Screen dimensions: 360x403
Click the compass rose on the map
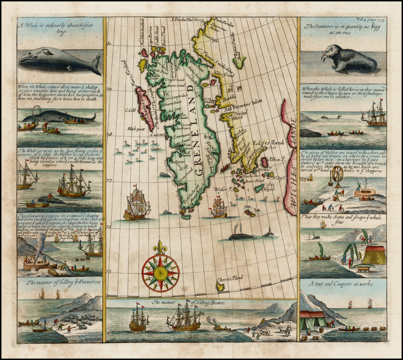[x=161, y=273]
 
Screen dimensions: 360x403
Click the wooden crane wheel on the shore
[x=338, y=175]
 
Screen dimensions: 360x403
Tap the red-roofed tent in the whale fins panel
[x=374, y=255]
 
